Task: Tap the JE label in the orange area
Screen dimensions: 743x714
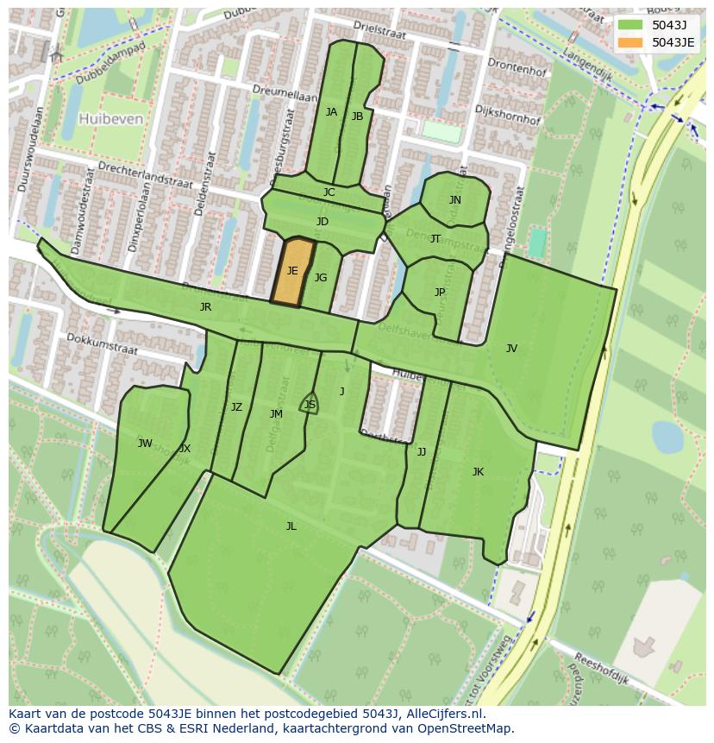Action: click(292, 271)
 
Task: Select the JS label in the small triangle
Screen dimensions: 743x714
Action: click(310, 405)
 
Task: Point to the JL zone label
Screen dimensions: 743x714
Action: click(291, 526)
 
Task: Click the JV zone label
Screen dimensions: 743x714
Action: click(511, 349)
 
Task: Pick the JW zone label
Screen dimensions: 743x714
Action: click(145, 444)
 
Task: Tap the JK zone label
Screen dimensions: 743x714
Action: click(478, 472)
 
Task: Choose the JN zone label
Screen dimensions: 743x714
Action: click(454, 200)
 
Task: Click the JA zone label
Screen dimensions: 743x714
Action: click(331, 112)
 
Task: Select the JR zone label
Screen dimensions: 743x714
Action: click(205, 307)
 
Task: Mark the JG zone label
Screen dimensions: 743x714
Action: click(321, 278)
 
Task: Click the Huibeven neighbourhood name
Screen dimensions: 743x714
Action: click(110, 119)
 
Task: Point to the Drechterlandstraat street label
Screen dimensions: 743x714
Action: click(132, 167)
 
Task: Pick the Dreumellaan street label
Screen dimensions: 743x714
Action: click(280, 90)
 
